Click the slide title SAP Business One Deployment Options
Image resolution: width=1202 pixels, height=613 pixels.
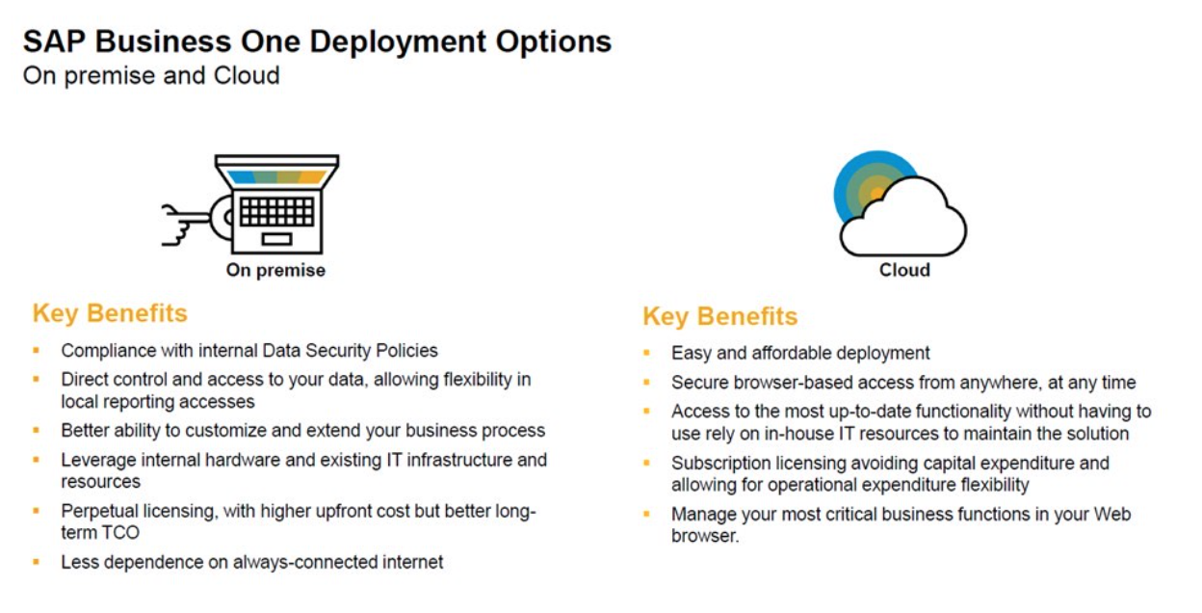[x=317, y=41]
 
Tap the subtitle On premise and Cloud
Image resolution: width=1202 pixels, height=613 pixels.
[x=151, y=75]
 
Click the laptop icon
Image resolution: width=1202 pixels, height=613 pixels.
[x=277, y=204]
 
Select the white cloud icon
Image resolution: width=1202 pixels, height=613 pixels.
[x=903, y=220]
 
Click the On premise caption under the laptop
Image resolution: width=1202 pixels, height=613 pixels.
[x=275, y=271]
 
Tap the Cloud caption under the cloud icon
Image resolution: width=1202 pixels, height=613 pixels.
[x=904, y=270]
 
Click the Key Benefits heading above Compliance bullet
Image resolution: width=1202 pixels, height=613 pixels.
[x=110, y=313]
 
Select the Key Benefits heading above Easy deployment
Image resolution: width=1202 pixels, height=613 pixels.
[x=720, y=316]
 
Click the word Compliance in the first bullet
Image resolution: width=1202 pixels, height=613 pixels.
[x=107, y=351]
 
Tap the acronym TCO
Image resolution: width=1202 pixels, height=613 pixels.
[x=118, y=532]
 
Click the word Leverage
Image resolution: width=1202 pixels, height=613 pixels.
[x=97, y=460]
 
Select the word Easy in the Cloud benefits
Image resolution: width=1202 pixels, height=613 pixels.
[x=691, y=354]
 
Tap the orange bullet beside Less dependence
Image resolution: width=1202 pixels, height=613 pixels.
[x=37, y=561]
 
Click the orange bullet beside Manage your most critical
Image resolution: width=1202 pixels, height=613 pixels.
[x=647, y=515]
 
